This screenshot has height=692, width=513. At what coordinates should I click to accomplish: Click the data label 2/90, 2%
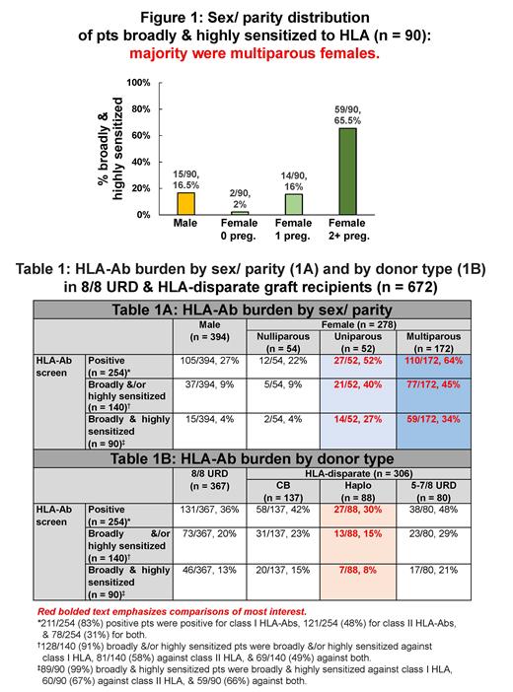point(239,198)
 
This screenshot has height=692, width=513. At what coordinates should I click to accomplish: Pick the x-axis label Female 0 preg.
point(240,230)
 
